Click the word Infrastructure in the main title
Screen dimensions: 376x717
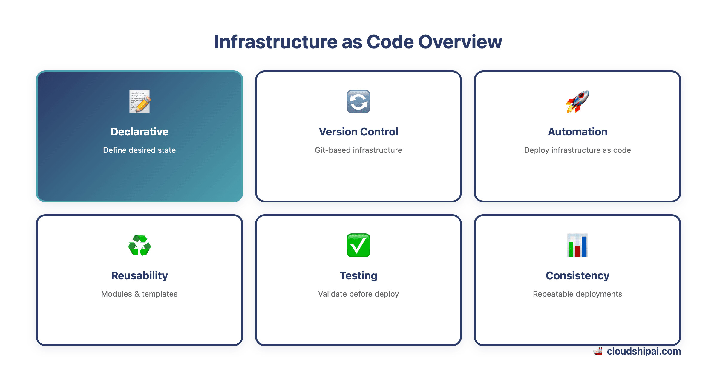tap(275, 42)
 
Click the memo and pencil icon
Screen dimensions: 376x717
tap(140, 101)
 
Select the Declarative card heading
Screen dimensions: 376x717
tap(140, 132)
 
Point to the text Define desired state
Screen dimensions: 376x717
tap(140, 150)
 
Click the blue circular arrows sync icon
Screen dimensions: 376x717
tap(358, 101)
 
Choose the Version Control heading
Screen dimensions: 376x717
tap(358, 132)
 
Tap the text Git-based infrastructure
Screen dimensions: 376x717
tap(358, 150)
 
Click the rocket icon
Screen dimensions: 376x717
tap(577, 101)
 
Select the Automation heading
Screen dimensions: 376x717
tap(577, 132)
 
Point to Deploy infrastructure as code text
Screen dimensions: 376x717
tap(577, 150)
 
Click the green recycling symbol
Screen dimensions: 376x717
tap(140, 245)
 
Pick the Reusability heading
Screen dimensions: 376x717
tap(140, 275)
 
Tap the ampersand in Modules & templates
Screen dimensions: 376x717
tap(137, 294)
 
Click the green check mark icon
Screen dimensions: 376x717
tap(358, 245)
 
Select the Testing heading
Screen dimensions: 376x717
tap(358, 275)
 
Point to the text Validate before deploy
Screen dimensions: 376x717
tap(358, 294)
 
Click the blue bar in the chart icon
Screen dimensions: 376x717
tap(584, 246)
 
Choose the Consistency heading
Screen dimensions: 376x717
tap(577, 275)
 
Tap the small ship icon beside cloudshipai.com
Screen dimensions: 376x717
tap(598, 351)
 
